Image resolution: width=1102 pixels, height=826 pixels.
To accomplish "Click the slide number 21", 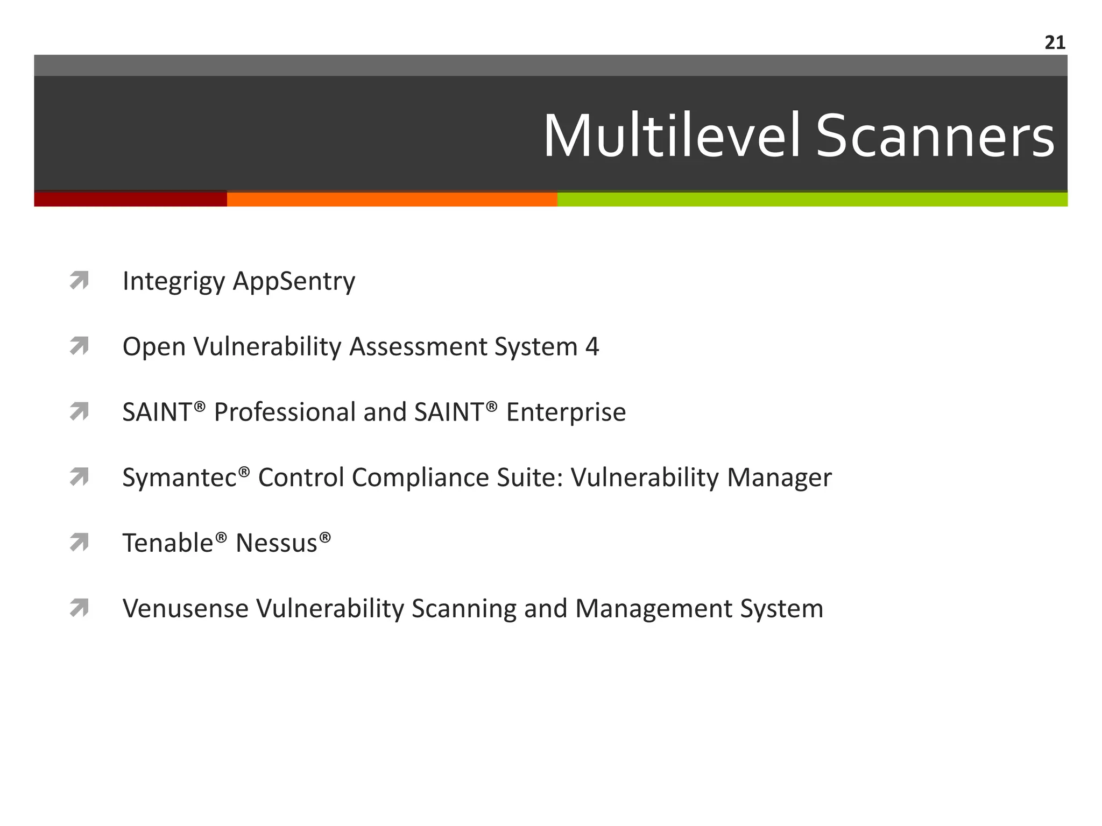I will click(1055, 42).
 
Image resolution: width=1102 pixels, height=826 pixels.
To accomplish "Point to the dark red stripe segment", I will click(130, 200).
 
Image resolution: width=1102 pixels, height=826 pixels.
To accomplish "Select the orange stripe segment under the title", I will click(392, 200).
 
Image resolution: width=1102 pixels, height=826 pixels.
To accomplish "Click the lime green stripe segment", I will click(813, 200).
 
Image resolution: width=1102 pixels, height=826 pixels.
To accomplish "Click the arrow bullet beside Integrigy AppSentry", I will click(79, 281).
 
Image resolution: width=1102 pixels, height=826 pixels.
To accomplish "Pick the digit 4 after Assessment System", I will click(592, 347).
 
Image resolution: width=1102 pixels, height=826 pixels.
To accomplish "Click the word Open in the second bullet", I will click(154, 347).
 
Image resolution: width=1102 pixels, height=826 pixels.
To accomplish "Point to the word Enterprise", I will click(566, 412).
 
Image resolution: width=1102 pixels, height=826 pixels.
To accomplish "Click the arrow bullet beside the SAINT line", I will click(79, 412).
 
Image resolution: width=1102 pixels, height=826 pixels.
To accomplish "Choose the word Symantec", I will click(180, 478).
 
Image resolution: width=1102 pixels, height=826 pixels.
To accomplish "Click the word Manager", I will click(779, 478).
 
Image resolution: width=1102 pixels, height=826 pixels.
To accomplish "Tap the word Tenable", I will click(168, 543).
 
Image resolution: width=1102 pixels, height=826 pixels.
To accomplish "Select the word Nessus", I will click(277, 543).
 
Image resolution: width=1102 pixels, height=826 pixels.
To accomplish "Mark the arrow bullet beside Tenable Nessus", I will click(79, 543).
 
